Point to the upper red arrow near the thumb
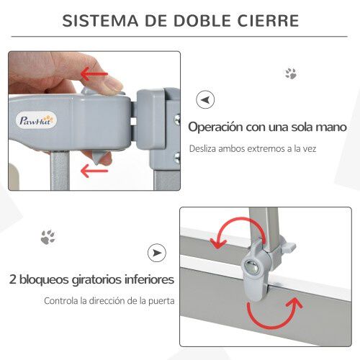[99, 74]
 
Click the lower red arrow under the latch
[94, 171]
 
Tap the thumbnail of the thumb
[112, 84]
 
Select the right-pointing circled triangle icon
[156, 253]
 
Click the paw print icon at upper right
[291, 73]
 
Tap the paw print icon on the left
[48, 236]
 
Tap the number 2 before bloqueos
[14, 279]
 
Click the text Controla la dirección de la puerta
[109, 301]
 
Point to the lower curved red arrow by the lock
[274, 312]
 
